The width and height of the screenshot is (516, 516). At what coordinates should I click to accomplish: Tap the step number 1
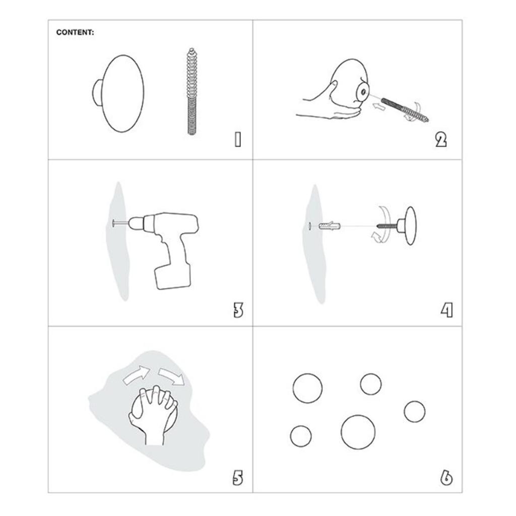coord(238,139)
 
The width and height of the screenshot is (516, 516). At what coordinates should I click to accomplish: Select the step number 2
coord(441,140)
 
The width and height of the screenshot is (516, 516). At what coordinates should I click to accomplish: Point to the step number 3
coord(238,310)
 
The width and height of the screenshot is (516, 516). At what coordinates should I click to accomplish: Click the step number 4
coord(447,310)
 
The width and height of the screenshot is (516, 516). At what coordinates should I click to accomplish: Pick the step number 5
coord(238,478)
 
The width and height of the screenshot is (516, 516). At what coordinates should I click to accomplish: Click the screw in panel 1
coord(191,91)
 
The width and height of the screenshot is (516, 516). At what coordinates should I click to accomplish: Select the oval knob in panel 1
coord(118,93)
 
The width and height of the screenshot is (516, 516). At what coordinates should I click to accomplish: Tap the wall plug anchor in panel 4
coord(330,226)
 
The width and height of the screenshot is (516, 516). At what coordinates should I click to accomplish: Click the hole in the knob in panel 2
coord(363,92)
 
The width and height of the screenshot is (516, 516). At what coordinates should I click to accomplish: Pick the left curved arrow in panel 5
coord(136,374)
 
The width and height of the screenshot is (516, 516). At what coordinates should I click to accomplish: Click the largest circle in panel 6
coord(358,432)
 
